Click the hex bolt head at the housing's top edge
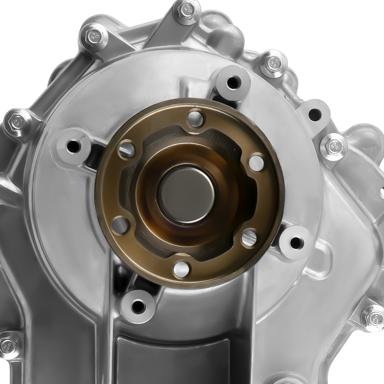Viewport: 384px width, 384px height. coord(187,10)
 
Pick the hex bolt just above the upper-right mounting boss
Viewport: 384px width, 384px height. coord(273,63)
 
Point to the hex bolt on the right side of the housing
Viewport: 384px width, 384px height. coord(333,146)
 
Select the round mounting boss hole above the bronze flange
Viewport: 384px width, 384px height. coord(233,82)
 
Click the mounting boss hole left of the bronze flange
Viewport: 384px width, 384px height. coord(73,146)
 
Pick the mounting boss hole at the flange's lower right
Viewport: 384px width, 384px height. coord(296,243)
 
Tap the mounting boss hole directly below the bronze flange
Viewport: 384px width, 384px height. coord(137,306)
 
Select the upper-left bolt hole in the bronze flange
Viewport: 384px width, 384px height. coord(127,149)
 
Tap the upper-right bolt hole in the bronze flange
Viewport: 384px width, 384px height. coord(256,163)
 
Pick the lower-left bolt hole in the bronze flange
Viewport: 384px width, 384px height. coord(120,225)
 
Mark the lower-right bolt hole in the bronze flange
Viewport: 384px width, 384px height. coord(249,238)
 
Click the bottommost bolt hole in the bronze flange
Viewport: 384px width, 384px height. coord(181,269)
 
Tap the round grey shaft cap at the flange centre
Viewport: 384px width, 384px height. coord(187,194)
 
